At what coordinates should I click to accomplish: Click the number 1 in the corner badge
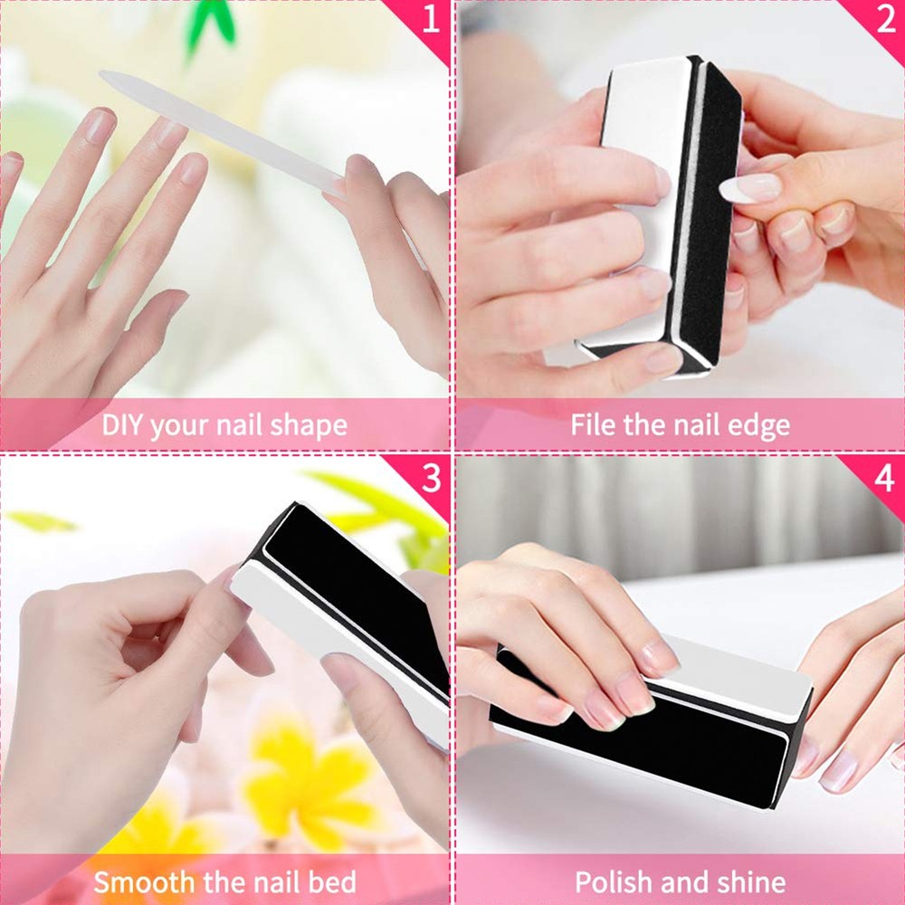(x=431, y=20)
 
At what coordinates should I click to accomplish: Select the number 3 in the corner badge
(x=431, y=477)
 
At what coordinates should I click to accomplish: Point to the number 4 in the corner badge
(x=885, y=478)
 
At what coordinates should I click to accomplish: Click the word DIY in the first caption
(x=122, y=424)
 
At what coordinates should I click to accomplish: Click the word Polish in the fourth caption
(x=613, y=881)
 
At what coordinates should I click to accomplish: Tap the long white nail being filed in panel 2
(x=750, y=188)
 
